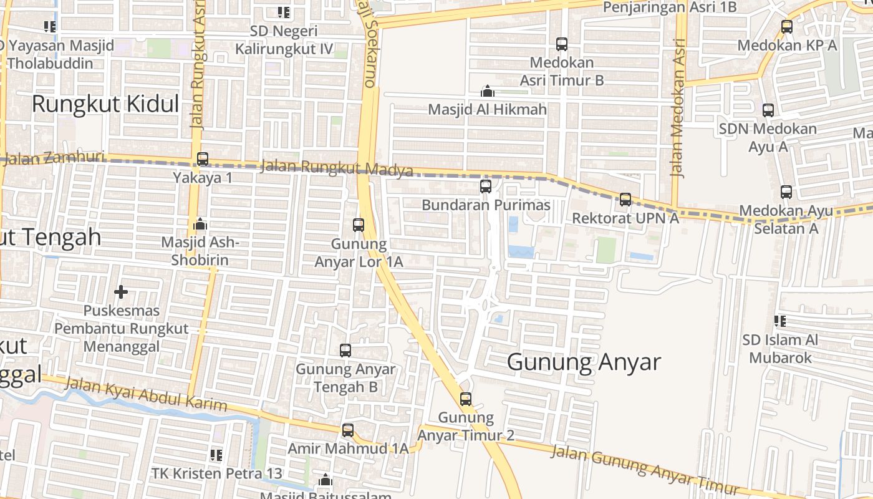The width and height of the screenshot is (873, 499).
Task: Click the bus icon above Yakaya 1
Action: [x=203, y=159]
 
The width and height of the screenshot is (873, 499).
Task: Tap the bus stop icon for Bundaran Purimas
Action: [x=486, y=186]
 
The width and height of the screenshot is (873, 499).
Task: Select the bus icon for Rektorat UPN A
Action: [x=625, y=200]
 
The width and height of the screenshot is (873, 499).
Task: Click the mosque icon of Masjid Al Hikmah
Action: [x=488, y=92]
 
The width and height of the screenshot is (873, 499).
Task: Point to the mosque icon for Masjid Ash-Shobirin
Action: [x=200, y=223]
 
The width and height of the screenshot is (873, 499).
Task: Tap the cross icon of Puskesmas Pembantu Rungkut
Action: [x=121, y=291]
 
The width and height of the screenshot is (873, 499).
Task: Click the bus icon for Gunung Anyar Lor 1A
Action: [x=359, y=225]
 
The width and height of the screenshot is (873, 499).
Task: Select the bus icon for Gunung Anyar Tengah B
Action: [x=345, y=351]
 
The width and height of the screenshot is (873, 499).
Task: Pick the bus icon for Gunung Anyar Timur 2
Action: [x=466, y=399]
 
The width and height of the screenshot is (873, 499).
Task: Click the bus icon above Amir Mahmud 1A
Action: [x=348, y=430]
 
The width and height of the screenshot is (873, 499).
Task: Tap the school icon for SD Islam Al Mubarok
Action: [x=780, y=321]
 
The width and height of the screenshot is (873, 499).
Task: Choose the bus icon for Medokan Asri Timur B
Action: [x=562, y=44]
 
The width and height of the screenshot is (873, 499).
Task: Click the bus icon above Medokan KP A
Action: [x=787, y=27]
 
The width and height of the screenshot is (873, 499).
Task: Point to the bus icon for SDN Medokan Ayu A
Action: [x=768, y=110]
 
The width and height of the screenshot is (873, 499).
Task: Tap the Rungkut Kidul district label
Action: [x=105, y=104]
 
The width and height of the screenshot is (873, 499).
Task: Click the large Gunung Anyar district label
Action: [x=584, y=362]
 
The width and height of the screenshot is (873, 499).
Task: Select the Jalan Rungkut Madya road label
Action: [x=336, y=168]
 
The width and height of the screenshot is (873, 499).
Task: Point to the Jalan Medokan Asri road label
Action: [x=678, y=109]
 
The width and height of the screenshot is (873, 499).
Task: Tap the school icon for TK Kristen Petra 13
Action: [x=216, y=455]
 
